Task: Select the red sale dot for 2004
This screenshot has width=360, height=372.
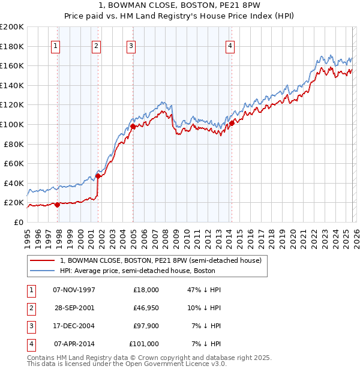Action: [133, 127]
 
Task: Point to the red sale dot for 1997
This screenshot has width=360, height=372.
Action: [57, 205]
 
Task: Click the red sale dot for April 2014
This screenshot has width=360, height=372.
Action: [231, 124]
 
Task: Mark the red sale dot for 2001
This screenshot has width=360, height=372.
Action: [98, 176]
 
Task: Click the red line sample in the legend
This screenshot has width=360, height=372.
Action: [42, 261]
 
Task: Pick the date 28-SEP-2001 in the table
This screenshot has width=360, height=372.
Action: [74, 308]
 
